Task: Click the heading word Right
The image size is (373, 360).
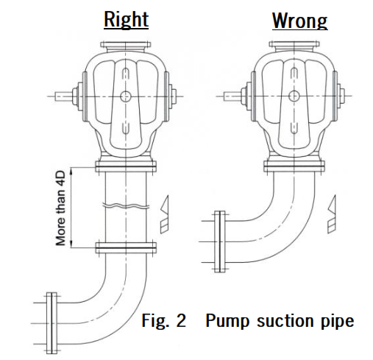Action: [x=126, y=19]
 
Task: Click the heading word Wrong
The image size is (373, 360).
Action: [x=299, y=21]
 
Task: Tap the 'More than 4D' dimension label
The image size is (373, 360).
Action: [x=60, y=208]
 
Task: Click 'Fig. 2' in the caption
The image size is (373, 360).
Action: [x=164, y=320]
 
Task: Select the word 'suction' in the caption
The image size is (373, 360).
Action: [x=285, y=321]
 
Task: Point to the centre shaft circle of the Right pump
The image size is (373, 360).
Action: [x=126, y=96]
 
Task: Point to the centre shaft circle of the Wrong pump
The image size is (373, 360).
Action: [x=294, y=96]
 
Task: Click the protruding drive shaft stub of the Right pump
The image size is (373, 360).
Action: [x=63, y=96]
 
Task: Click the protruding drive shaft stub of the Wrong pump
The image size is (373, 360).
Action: [x=232, y=96]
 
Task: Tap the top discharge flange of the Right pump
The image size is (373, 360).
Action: [x=125, y=45]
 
